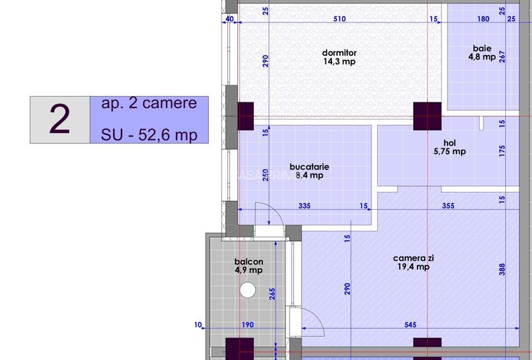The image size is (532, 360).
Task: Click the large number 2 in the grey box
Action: (x=59, y=119)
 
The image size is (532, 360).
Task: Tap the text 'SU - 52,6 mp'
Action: (x=149, y=135)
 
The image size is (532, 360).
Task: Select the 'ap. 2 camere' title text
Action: (x=149, y=103)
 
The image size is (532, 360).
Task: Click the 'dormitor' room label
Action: (x=340, y=53)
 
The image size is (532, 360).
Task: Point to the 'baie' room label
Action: (x=482, y=49)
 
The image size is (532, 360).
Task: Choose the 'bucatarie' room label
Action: (x=309, y=167)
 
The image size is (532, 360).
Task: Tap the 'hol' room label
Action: (x=450, y=143)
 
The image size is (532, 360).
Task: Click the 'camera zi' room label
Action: (x=414, y=258)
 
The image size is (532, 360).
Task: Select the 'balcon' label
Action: (x=249, y=262)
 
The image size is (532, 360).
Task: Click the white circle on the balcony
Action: (x=247, y=290)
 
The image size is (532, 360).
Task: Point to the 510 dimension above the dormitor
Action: (x=340, y=19)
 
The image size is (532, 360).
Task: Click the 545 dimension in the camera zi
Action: (x=411, y=325)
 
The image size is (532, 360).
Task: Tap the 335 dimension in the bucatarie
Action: (x=304, y=206)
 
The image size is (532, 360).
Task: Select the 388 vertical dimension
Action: (x=502, y=269)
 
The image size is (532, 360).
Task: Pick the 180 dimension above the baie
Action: (x=483, y=19)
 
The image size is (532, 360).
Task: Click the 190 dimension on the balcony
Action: (x=247, y=325)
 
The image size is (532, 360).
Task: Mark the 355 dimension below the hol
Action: (x=448, y=206)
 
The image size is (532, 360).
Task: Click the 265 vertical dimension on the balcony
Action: (x=272, y=294)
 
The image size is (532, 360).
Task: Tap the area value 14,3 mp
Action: (x=340, y=61)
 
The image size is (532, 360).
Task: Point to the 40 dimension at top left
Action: (x=230, y=19)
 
